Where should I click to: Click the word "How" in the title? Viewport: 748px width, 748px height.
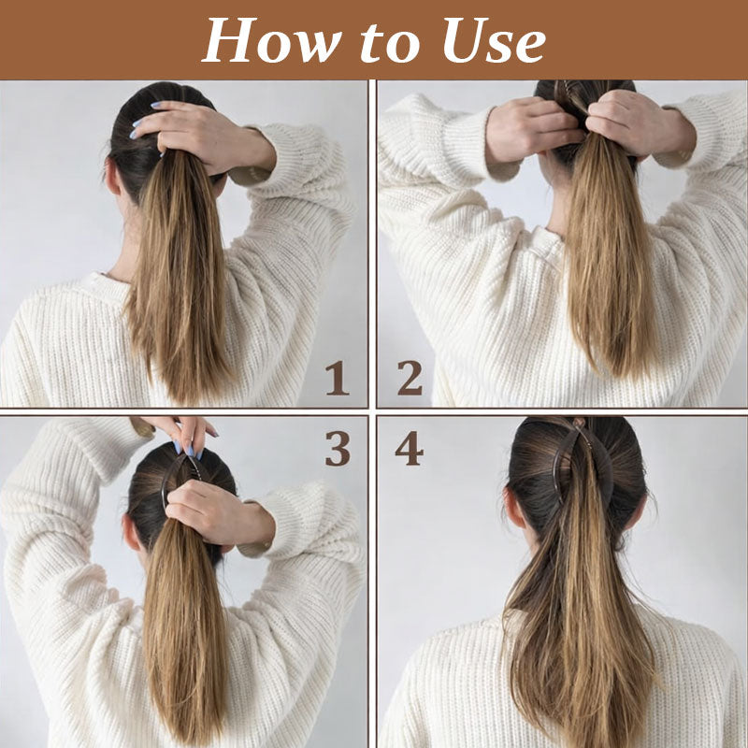point(271,40)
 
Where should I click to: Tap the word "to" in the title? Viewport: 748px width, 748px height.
point(390,43)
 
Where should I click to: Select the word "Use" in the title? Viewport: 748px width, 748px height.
point(495,41)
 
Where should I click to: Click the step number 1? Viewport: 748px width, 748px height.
point(338,378)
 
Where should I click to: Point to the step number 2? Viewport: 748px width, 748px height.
point(410,378)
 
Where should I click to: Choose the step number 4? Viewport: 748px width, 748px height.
point(409,448)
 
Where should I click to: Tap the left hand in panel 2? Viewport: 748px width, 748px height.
point(534,128)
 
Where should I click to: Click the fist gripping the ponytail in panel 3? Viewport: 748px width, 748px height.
point(215,511)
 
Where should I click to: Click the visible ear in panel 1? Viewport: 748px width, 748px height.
point(112,178)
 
